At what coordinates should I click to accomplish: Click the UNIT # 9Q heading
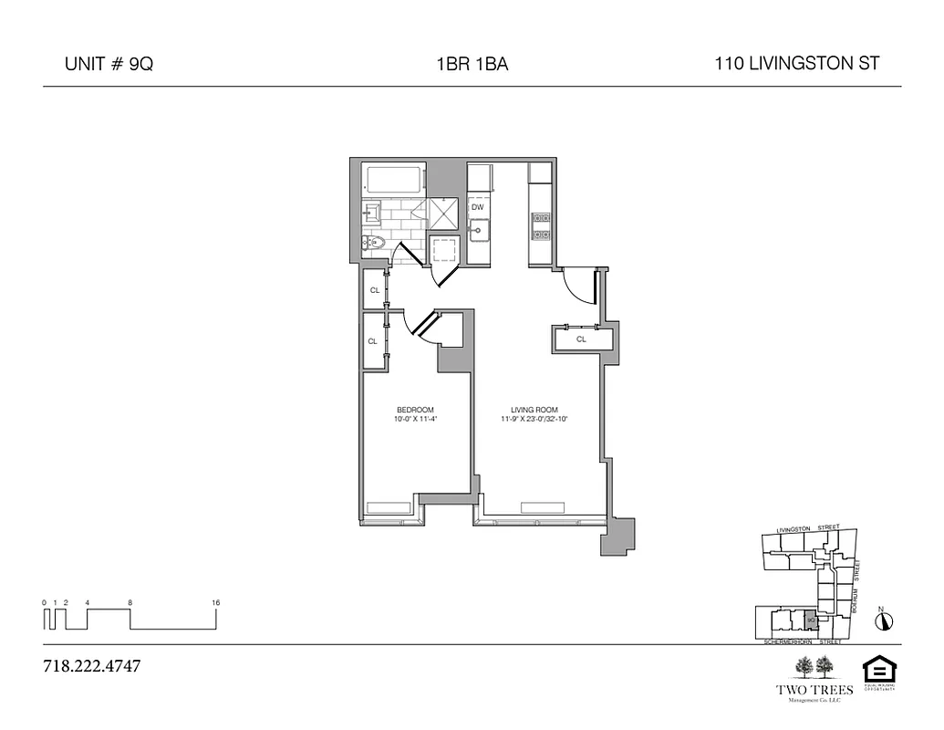point(108,65)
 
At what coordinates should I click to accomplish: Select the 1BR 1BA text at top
point(472,65)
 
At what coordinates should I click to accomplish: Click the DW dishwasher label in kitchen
point(477,207)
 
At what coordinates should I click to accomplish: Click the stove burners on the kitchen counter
point(540,225)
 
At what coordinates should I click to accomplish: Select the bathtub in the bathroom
point(393,179)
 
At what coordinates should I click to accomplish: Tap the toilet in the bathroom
point(375,243)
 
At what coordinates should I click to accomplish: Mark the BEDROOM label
point(415,409)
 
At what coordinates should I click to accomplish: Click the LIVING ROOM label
point(534,409)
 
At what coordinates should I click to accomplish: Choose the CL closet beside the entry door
point(581,339)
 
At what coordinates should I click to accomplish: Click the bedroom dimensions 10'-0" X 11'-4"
point(415,420)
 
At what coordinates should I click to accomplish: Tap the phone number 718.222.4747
point(92,665)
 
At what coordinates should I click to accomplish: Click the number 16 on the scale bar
point(215,602)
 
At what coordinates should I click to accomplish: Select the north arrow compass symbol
point(883,621)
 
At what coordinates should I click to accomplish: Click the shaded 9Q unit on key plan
point(810,620)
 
